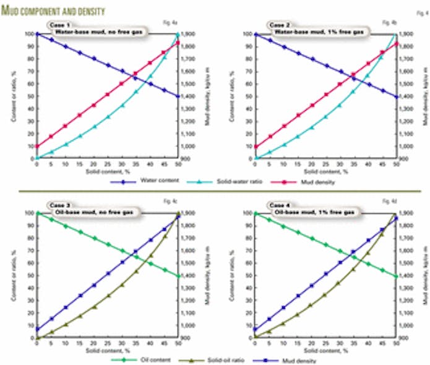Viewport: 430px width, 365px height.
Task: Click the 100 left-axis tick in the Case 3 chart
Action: pyautogui.click(x=30, y=213)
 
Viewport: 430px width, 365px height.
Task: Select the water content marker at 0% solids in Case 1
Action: pyautogui.click(x=37, y=34)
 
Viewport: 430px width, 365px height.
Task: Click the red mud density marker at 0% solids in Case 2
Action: pyautogui.click(x=255, y=147)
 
